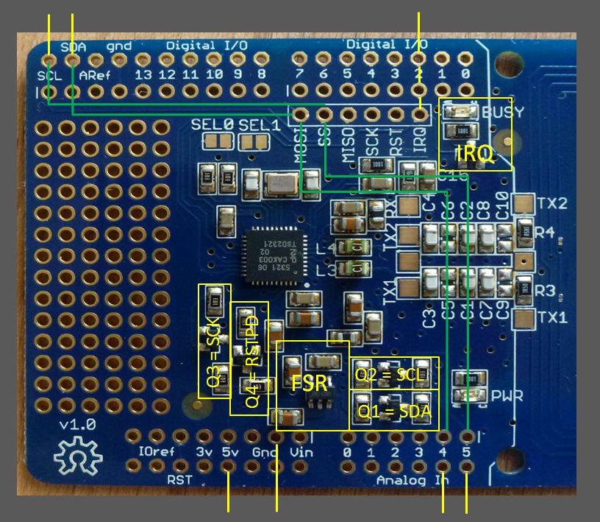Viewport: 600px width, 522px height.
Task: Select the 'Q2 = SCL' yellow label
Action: tap(389, 374)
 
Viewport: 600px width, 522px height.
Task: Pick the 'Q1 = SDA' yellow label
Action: tap(393, 411)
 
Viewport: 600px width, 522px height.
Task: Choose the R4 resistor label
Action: tap(545, 233)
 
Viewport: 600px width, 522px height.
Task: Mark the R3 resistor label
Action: tap(545, 290)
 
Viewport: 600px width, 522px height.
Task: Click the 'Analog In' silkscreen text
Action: tap(411, 480)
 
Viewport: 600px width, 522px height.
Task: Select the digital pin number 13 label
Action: tap(143, 75)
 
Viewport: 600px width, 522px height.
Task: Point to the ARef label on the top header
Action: tap(94, 75)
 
